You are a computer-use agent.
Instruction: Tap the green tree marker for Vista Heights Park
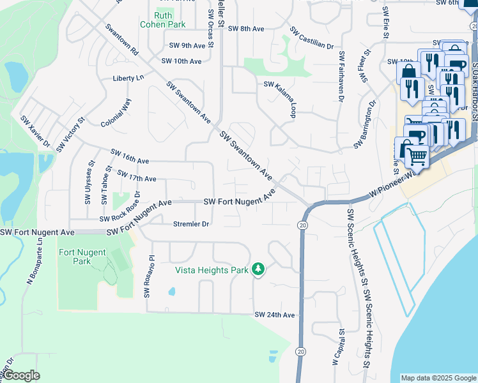pyautogui.click(x=258, y=270)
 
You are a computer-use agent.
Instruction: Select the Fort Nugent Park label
pyautogui.click(x=82, y=257)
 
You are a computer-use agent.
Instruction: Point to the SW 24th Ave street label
pyautogui.click(x=274, y=315)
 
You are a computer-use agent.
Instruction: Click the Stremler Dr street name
pyautogui.click(x=191, y=224)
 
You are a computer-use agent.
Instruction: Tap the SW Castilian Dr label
pyautogui.click(x=311, y=38)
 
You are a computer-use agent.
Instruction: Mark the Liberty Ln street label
pyautogui.click(x=128, y=78)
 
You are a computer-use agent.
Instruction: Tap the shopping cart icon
pyautogui.click(x=417, y=155)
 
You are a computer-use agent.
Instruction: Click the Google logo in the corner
pyautogui.click(x=21, y=375)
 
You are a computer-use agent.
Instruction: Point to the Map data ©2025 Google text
pyautogui.click(x=438, y=378)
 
